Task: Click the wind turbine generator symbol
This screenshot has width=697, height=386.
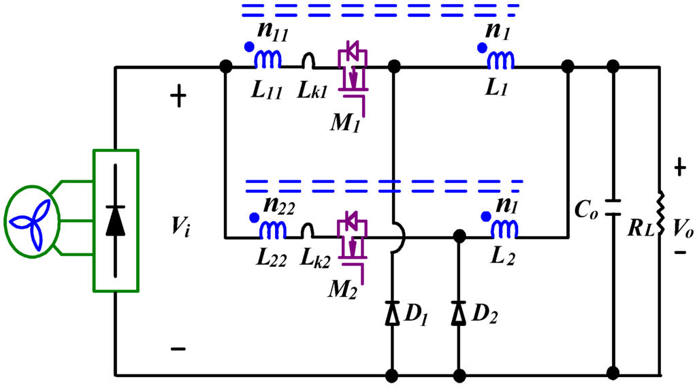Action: (33, 221)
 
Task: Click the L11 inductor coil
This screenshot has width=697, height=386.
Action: (268, 61)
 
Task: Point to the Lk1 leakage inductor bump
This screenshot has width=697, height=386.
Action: (308, 62)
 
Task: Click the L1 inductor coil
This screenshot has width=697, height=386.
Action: (501, 61)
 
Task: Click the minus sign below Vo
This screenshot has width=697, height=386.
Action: (680, 253)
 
